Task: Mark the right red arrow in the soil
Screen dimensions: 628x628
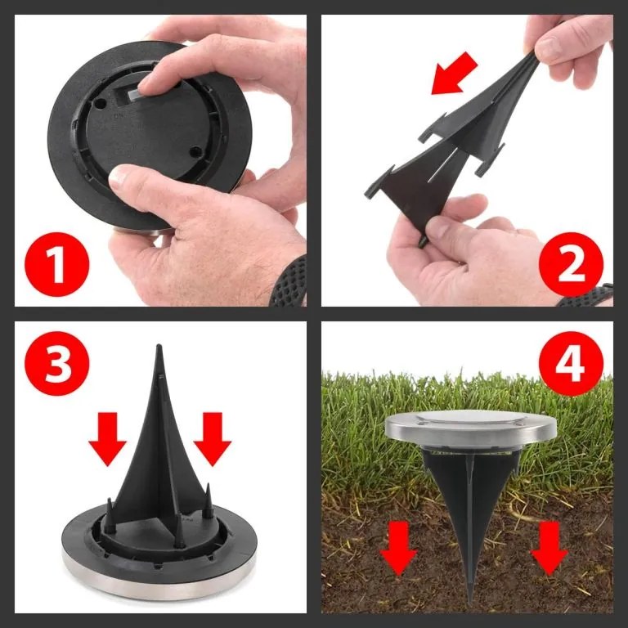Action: click(x=549, y=547)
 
